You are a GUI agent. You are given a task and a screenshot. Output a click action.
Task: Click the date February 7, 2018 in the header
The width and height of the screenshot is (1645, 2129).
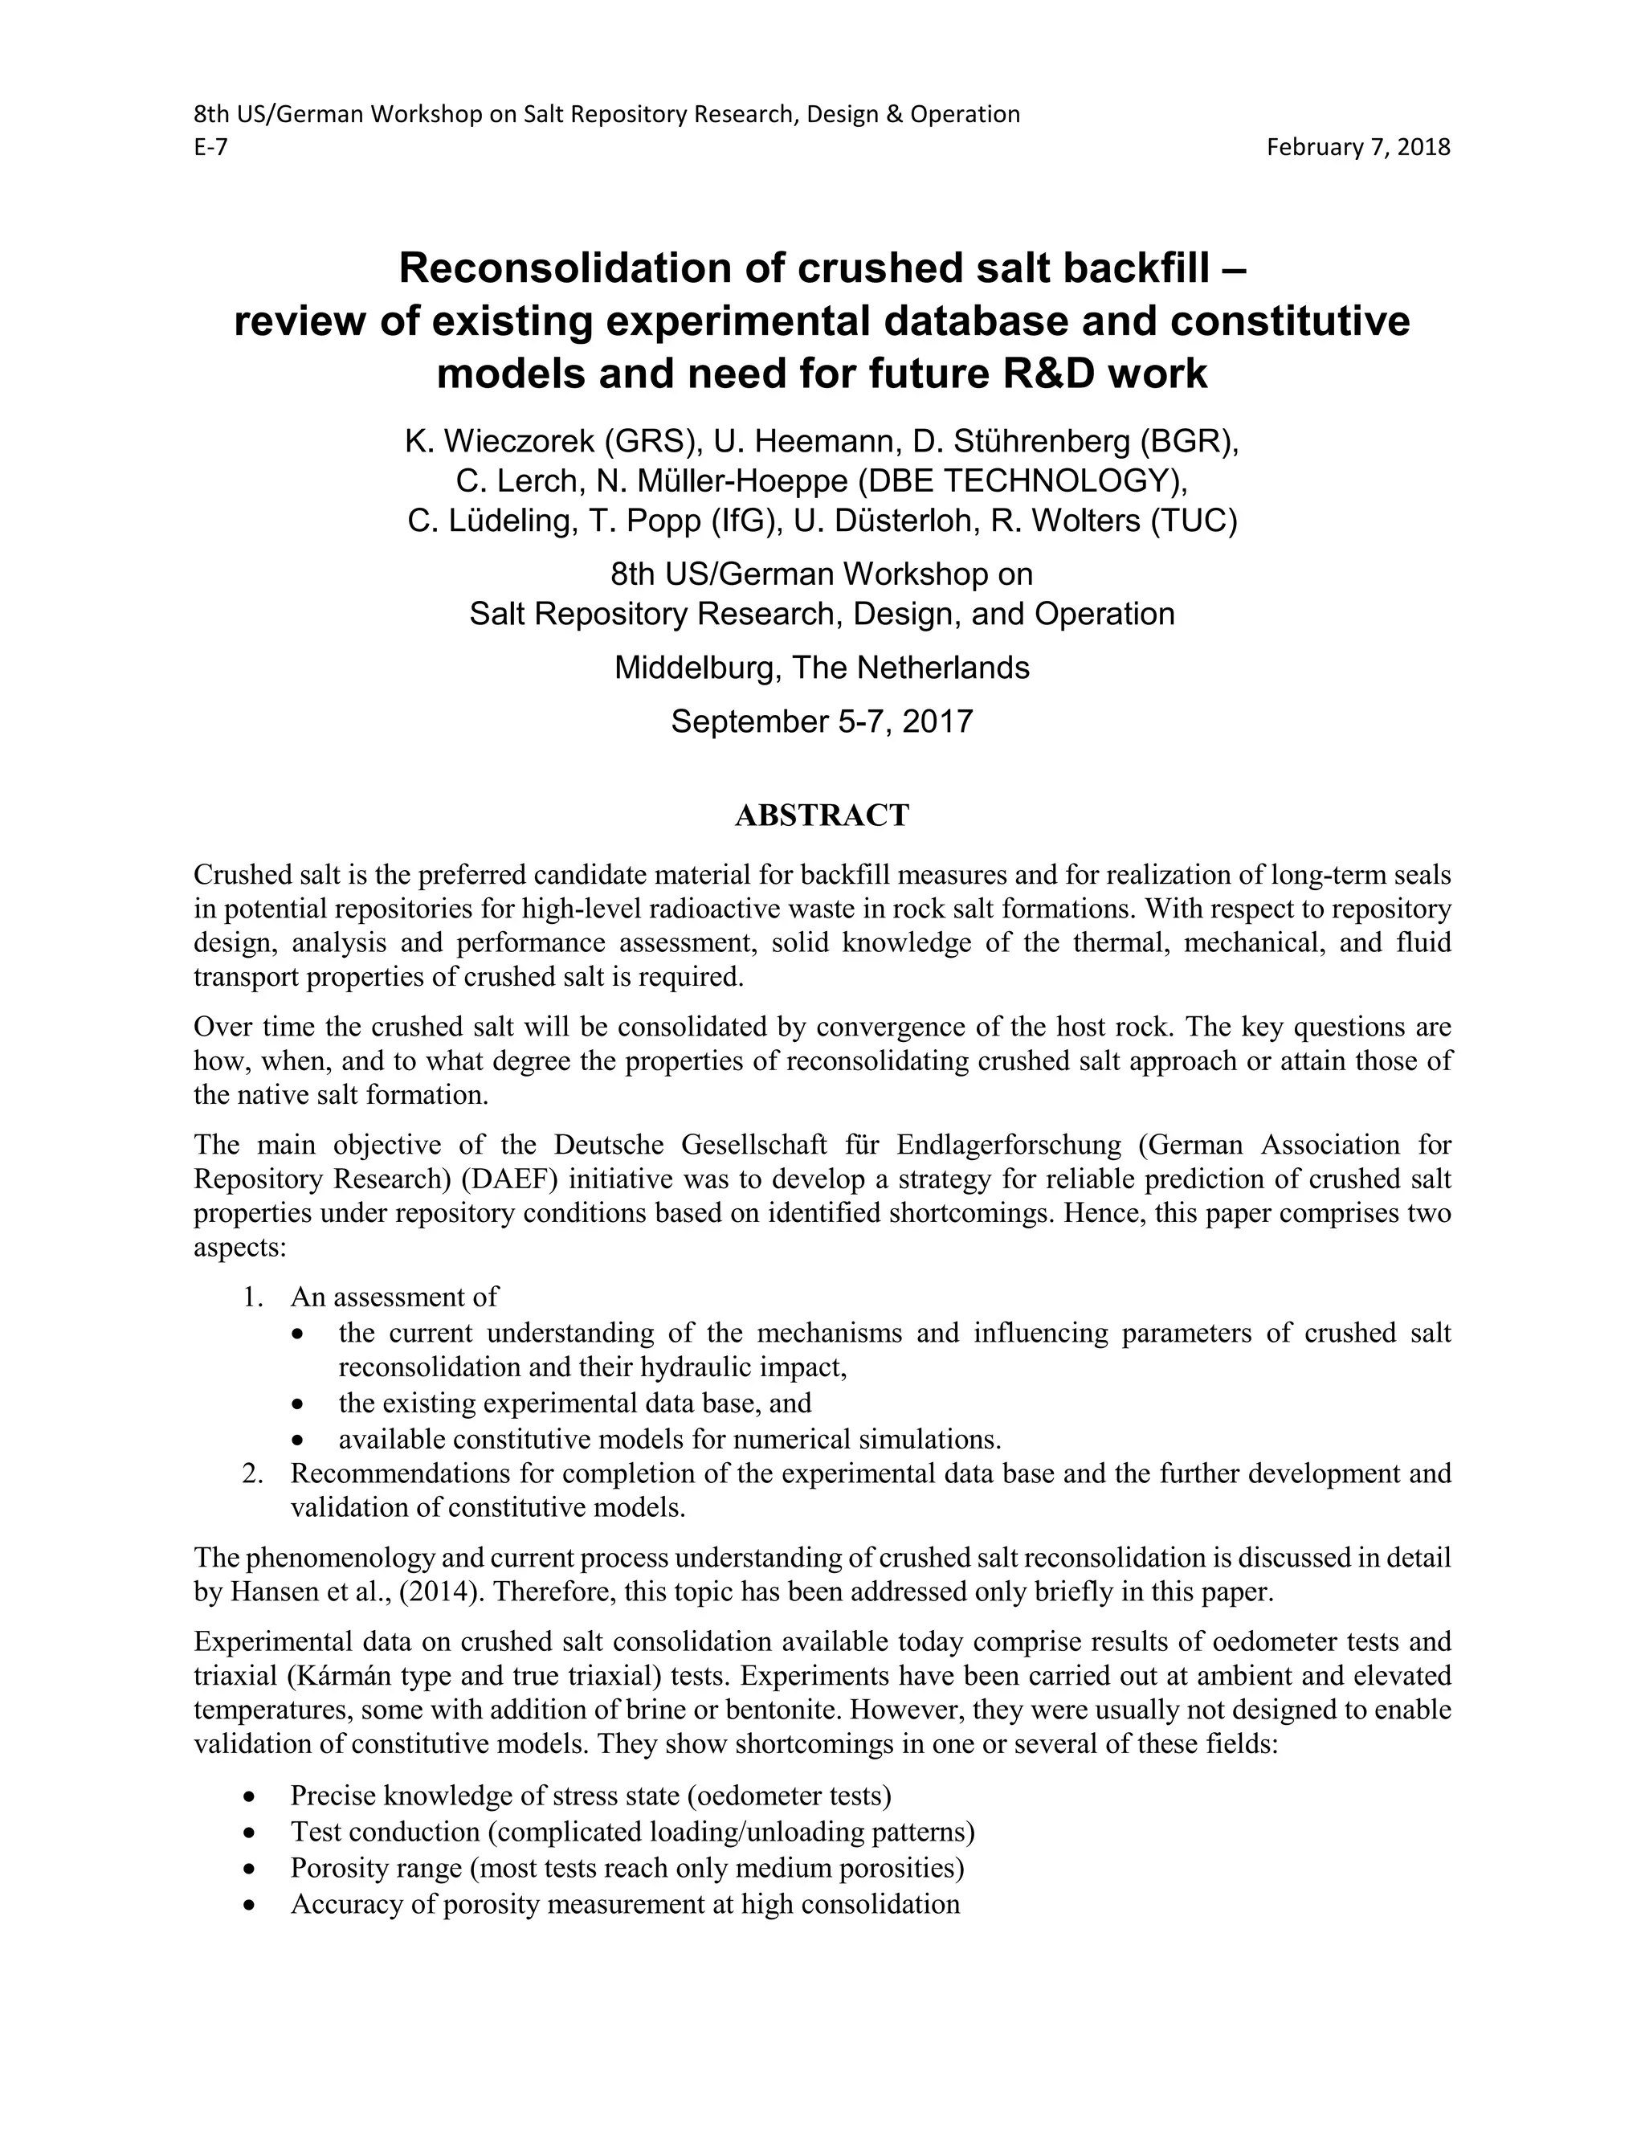(1357, 147)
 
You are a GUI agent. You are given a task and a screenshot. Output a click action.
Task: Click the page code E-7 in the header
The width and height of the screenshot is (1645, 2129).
(210, 147)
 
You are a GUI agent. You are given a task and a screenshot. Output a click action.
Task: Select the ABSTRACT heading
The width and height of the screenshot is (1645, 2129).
(822, 815)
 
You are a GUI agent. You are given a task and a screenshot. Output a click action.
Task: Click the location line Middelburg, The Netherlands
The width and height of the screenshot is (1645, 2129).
(822, 668)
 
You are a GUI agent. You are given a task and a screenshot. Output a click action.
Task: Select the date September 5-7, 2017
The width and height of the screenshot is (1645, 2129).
(822, 721)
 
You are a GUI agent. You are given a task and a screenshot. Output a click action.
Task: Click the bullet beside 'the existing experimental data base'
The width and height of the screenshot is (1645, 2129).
(302, 1404)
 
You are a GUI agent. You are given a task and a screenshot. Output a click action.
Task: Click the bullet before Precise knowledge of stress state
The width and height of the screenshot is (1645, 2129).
(253, 1796)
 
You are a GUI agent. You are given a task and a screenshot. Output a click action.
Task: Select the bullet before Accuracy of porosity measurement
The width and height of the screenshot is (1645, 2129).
(253, 1906)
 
